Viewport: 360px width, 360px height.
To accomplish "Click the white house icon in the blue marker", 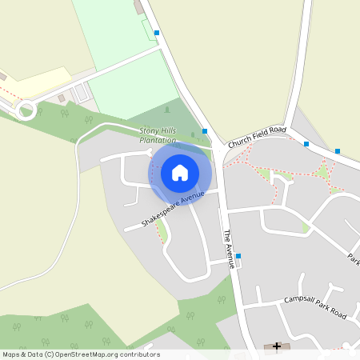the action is pos(180,172).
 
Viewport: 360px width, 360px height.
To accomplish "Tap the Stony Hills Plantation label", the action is pos(158,135).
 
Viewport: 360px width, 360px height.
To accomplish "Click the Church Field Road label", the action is pos(257,136).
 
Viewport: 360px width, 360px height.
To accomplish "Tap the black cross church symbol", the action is pos(278,346).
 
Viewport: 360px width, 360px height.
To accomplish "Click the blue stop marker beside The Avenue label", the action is pos(238,257).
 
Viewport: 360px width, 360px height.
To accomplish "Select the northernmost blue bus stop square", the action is pos(157,33).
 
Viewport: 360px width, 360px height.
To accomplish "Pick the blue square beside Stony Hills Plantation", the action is pos(206,131).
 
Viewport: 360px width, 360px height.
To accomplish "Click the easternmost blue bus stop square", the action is pos(338,151).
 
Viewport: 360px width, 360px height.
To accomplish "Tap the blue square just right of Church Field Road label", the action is pos(306,144).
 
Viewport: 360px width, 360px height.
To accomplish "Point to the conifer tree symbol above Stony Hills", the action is pos(166,109).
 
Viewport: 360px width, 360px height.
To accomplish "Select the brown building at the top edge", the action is pos(139,6).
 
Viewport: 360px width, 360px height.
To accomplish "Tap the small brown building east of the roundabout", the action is pos(62,98).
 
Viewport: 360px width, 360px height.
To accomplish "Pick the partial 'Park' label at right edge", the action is pos(353,259).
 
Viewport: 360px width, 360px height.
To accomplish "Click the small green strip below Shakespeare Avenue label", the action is pos(162,230).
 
